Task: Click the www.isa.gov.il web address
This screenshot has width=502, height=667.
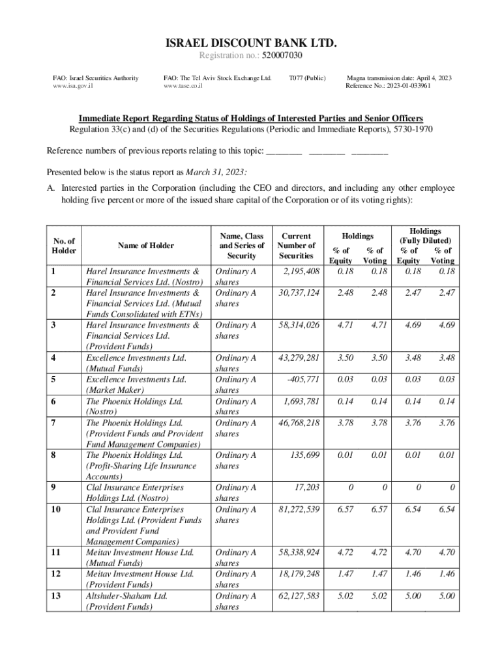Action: pyautogui.click(x=73, y=86)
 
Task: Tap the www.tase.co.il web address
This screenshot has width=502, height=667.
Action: pyautogui.click(x=184, y=86)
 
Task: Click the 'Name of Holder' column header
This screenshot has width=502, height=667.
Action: pyautogui.click(x=145, y=246)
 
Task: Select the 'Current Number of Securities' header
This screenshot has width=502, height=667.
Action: pyautogui.click(x=296, y=246)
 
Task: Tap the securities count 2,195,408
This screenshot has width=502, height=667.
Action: pyautogui.click(x=299, y=271)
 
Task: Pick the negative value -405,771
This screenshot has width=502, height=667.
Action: pyautogui.click(x=303, y=379)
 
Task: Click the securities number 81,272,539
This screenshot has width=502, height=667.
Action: pyautogui.click(x=299, y=509)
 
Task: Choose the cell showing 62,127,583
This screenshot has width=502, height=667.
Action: pyautogui.click(x=299, y=595)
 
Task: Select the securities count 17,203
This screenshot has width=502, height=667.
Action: pyautogui.click(x=307, y=487)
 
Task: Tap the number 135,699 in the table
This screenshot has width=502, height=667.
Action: pyautogui.click(x=304, y=455)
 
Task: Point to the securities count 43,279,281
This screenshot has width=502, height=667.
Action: pyautogui.click(x=299, y=358)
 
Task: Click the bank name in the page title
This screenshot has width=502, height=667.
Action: pyautogui.click(x=250, y=44)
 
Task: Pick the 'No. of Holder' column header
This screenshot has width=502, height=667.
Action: pyautogui.click(x=64, y=246)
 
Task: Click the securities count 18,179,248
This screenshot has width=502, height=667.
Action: pyautogui.click(x=299, y=574)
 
